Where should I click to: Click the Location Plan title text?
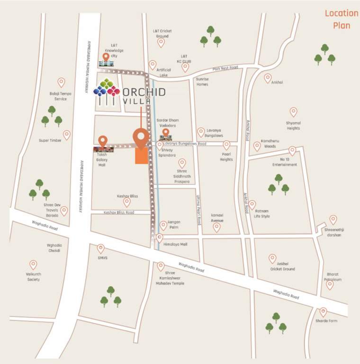point(341,19)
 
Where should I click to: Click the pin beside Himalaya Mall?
point(160,237)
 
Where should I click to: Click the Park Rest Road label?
point(225,68)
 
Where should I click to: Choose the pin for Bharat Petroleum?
point(330,284)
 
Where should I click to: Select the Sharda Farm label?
point(326,321)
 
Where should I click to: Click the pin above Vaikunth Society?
point(33,264)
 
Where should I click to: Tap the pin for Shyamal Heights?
point(293,112)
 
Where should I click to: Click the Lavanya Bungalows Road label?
point(185,143)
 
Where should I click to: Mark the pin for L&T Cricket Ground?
point(161,43)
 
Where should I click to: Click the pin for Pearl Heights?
point(226,145)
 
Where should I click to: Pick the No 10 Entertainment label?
point(284,162)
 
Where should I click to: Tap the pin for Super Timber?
point(67,135)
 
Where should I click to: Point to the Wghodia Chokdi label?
point(54,248)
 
